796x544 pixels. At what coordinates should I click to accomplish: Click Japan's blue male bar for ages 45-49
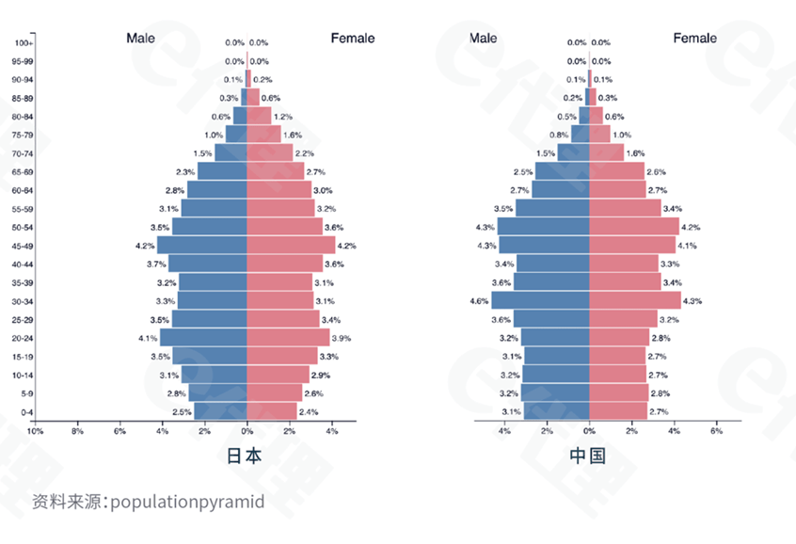tap(202, 246)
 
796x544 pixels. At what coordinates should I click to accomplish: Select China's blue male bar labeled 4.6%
tap(540, 301)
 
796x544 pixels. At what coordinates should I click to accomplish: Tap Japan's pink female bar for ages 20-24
tap(288, 338)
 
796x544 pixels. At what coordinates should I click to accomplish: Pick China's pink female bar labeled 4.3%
tap(635, 301)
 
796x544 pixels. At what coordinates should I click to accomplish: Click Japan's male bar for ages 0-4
tap(220, 411)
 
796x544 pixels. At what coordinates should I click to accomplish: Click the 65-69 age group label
tap(23, 172)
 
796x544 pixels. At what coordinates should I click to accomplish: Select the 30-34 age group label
tap(23, 301)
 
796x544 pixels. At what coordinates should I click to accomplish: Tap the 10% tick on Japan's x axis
tap(35, 431)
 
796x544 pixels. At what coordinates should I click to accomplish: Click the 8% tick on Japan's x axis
tap(77, 431)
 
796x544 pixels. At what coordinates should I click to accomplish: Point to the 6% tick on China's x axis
tap(717, 431)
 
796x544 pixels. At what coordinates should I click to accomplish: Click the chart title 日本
tap(246, 456)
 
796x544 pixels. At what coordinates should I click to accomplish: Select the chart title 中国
tap(588, 456)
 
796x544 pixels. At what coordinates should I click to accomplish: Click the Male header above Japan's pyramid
tap(140, 39)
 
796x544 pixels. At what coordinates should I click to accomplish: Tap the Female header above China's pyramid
tap(694, 39)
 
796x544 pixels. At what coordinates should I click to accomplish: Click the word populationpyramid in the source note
tap(187, 502)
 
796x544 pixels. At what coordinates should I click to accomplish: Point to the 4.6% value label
tap(478, 301)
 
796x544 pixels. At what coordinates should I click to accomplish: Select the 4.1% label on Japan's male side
tap(148, 338)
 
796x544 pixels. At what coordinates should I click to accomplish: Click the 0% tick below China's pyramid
tap(589, 431)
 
